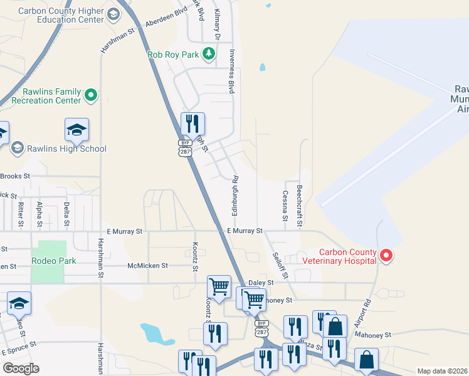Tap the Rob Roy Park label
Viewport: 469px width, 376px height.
click(172, 55)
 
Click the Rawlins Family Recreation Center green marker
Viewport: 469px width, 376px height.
click(91, 95)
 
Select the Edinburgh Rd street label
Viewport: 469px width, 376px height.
click(236, 196)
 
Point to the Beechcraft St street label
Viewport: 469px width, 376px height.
click(300, 204)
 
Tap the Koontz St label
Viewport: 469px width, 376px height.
click(195, 258)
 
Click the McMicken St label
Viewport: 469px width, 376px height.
click(147, 266)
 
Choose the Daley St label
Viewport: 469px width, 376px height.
click(262, 283)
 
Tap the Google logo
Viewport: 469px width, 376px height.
click(21, 368)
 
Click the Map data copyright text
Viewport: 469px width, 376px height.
click(443, 371)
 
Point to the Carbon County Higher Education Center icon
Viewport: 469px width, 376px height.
click(113, 14)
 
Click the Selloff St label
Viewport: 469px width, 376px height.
click(279, 265)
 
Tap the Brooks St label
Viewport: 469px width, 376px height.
click(17, 176)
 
